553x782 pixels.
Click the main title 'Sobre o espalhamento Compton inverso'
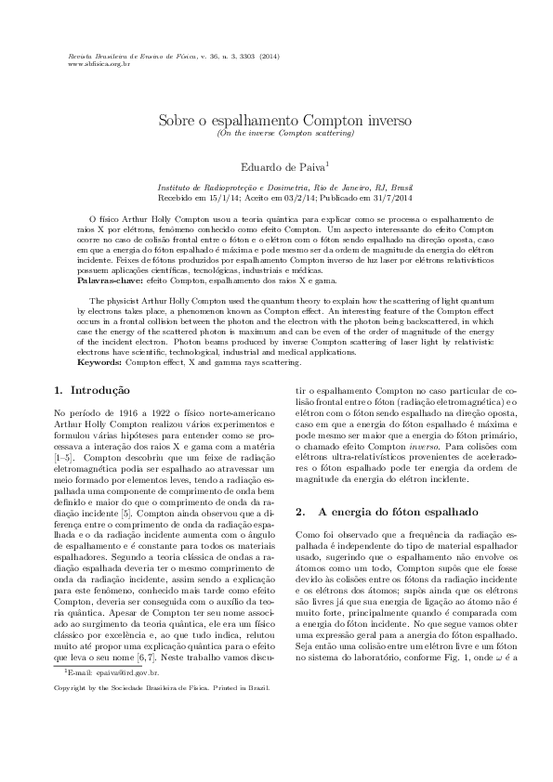(x=276, y=121)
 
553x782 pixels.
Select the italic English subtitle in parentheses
(x=276, y=134)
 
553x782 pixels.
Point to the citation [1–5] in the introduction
(x=66, y=459)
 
